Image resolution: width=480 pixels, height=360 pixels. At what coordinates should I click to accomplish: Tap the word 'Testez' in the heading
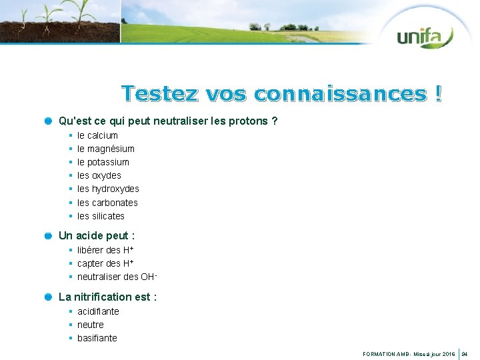coord(159,93)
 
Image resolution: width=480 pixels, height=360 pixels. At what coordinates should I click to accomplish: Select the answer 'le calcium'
coord(97,135)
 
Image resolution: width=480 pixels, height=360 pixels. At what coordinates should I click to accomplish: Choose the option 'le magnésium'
coord(105,149)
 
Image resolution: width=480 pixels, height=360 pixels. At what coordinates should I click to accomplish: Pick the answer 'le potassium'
coord(103,162)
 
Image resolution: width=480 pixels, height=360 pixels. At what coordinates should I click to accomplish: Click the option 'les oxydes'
coord(99,175)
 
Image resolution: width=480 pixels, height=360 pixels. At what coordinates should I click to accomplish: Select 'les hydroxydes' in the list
coord(108,189)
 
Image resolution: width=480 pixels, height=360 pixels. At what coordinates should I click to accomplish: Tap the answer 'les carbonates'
coord(107,203)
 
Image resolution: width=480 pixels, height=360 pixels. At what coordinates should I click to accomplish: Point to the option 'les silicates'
coord(101,216)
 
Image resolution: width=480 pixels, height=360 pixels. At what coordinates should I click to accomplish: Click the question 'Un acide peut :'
coord(97,235)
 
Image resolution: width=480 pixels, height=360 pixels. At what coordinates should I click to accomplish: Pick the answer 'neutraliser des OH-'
coord(117,277)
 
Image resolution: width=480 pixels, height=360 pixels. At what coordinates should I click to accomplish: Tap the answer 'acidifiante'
coord(98,311)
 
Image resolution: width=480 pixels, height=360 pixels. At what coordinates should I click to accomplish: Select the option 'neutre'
coord(91,325)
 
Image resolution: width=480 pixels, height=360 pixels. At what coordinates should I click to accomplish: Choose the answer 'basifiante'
coord(97,338)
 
